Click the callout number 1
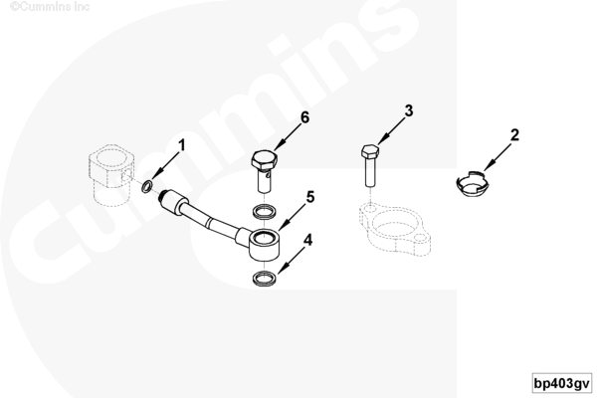(x=182, y=145)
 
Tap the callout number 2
(x=514, y=135)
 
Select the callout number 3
(x=409, y=110)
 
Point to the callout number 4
(x=308, y=240)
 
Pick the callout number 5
(x=310, y=197)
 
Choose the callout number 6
(x=305, y=117)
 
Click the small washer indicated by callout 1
(x=147, y=187)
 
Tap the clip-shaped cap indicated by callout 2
(x=472, y=183)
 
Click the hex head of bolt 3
(x=370, y=151)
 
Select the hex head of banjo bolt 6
(x=264, y=160)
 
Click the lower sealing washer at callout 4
(x=264, y=279)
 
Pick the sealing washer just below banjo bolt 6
(x=265, y=211)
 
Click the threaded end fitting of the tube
(x=172, y=201)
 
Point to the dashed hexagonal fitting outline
(x=110, y=175)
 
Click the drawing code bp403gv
(x=561, y=383)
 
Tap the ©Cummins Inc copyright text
(x=50, y=7)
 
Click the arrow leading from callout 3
(x=391, y=131)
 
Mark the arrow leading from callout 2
(x=497, y=157)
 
